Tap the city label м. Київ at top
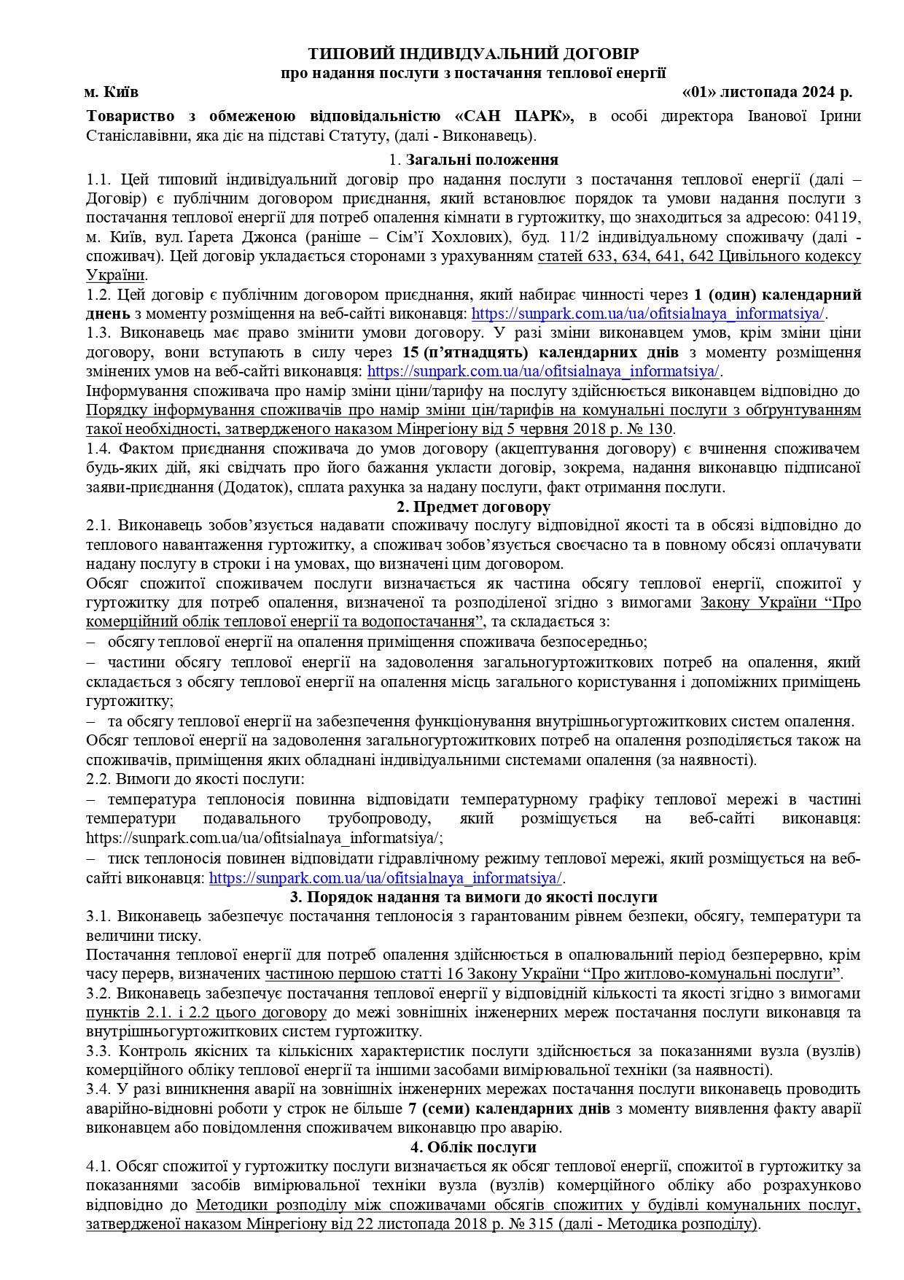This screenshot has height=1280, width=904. [111, 93]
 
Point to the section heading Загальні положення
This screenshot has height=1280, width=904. [482, 160]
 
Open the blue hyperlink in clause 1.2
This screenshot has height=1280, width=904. [648, 314]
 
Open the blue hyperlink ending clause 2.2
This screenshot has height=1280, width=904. [386, 877]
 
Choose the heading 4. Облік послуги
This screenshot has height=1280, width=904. [473, 1147]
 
